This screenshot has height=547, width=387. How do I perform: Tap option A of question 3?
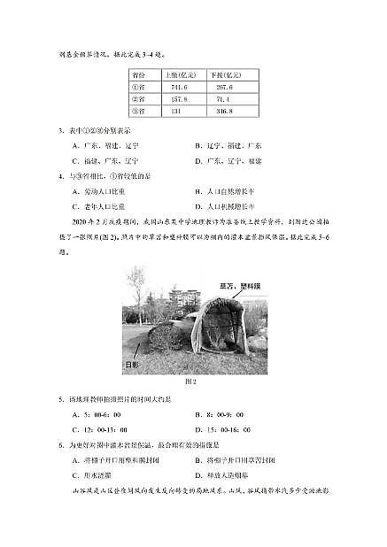97,145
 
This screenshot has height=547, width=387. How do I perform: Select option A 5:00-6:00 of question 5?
97,413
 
